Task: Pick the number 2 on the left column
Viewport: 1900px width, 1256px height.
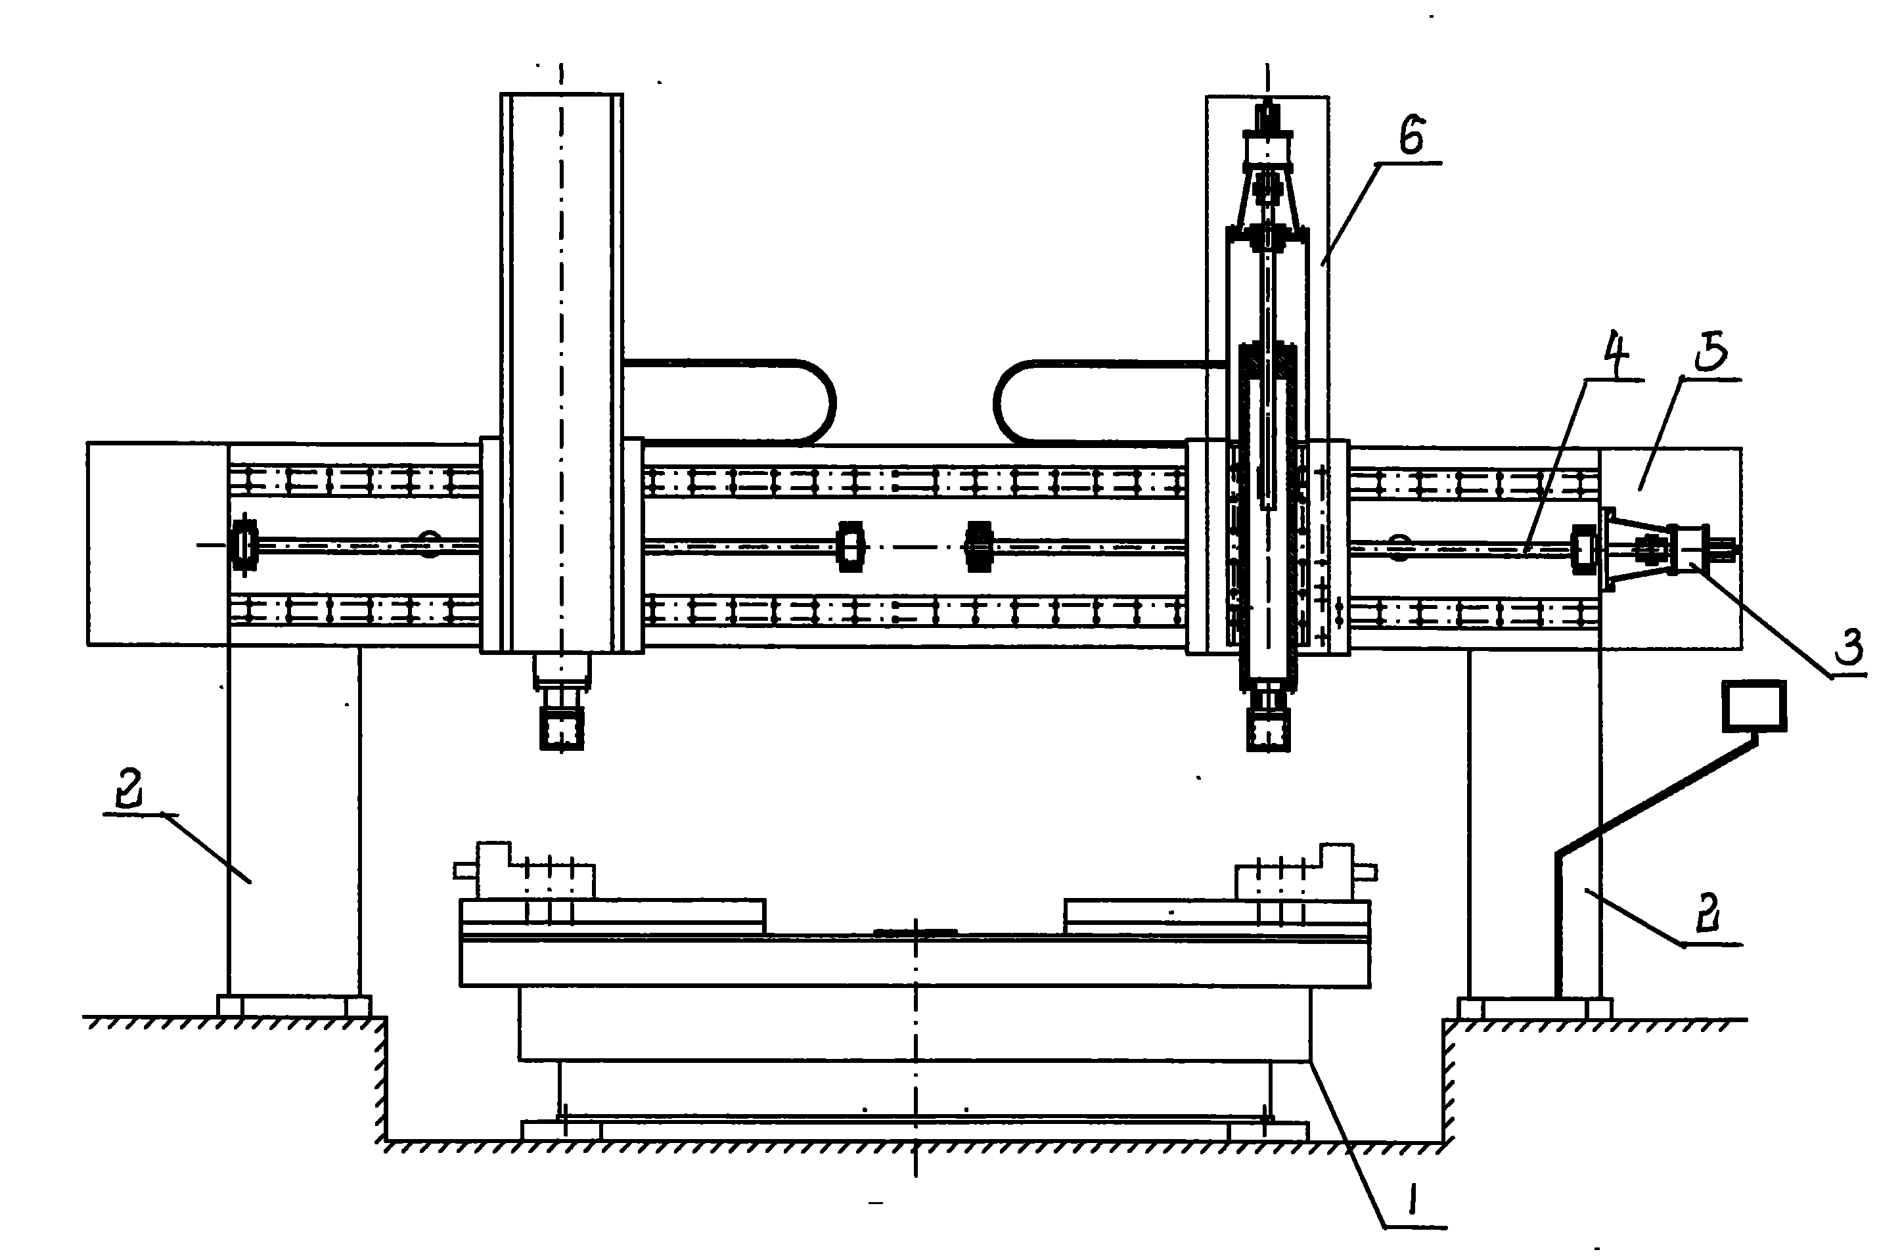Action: pos(131,788)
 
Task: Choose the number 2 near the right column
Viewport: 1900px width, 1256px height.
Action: pos(1709,912)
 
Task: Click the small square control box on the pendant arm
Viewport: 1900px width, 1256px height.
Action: pos(1754,706)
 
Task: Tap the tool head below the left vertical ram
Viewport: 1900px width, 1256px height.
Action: pos(562,702)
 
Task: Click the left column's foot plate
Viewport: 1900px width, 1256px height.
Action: pos(294,1006)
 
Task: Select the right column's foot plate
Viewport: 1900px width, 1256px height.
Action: pos(1535,1008)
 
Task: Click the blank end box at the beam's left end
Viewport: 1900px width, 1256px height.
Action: pos(157,544)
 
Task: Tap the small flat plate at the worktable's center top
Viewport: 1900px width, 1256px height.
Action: pos(915,931)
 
